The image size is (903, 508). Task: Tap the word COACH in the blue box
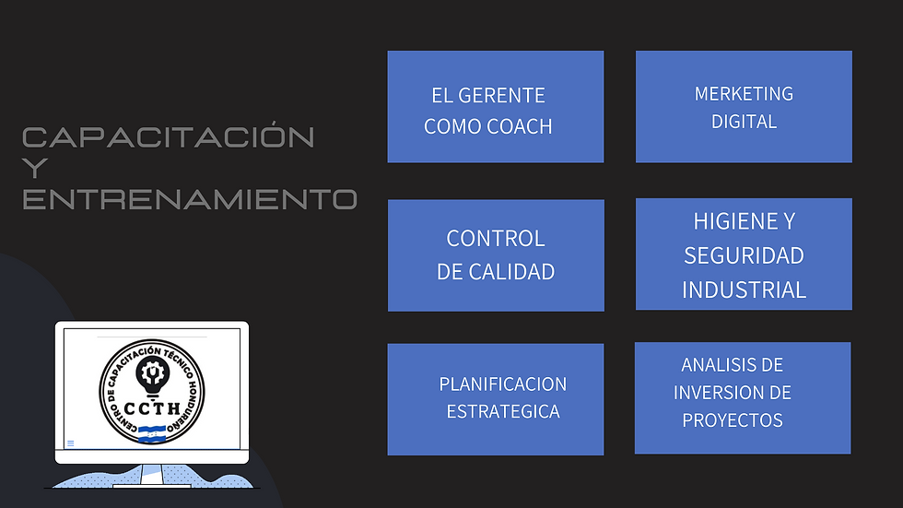(x=521, y=126)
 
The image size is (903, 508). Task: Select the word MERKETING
(x=744, y=94)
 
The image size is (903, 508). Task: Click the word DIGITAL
(x=744, y=121)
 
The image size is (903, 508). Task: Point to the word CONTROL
(x=496, y=238)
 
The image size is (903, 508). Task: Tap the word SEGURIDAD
(x=744, y=254)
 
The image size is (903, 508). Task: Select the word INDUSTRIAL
(x=744, y=289)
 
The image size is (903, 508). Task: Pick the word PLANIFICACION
(x=503, y=384)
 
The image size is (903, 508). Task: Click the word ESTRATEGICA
(x=503, y=411)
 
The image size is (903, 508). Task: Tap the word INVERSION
(x=720, y=393)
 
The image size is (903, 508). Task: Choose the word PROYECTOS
(x=733, y=420)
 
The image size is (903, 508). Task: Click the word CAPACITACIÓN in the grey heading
(x=169, y=137)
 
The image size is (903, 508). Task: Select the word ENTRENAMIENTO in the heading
(x=189, y=199)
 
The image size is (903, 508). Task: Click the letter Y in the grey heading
(x=33, y=169)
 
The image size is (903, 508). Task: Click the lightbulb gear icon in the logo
(x=150, y=372)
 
